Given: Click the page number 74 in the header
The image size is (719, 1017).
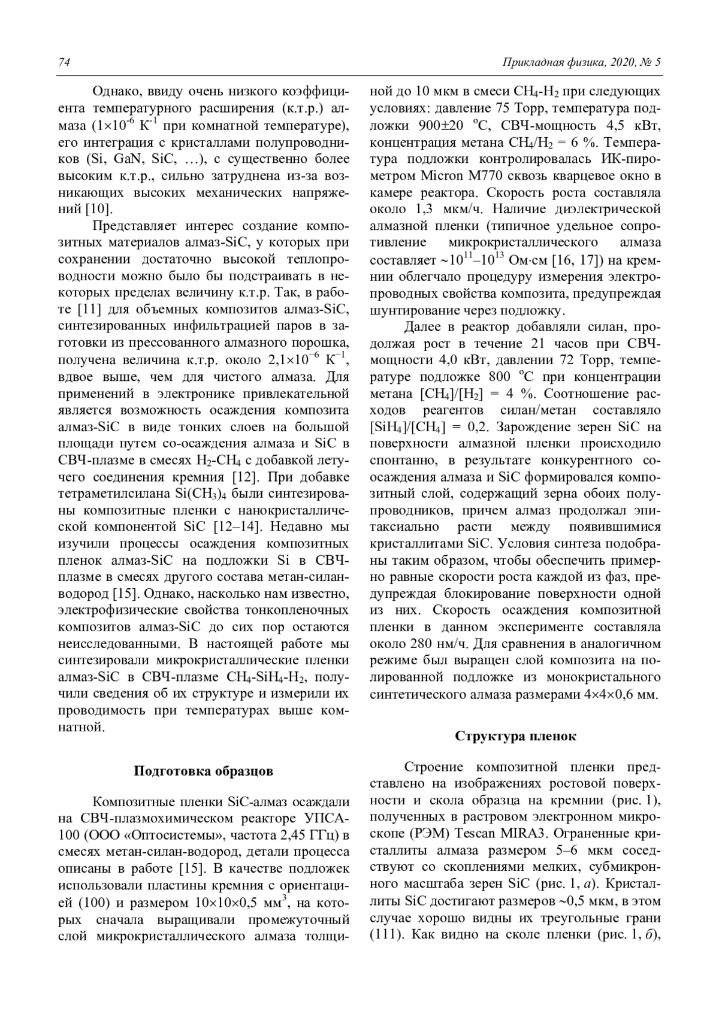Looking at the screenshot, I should [64, 63].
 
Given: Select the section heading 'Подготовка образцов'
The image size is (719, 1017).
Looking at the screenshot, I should [203, 771].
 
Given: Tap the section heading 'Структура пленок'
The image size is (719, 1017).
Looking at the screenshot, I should [515, 736].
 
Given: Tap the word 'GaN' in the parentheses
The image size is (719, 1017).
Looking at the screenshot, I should [128, 159].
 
